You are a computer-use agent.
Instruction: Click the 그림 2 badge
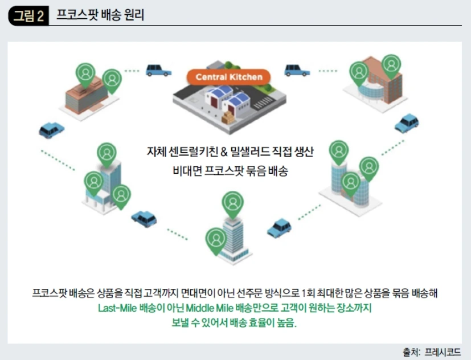28,15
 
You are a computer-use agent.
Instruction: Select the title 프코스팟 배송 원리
100,15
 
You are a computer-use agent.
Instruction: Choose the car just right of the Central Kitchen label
297,70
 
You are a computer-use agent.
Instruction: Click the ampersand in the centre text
224,152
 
